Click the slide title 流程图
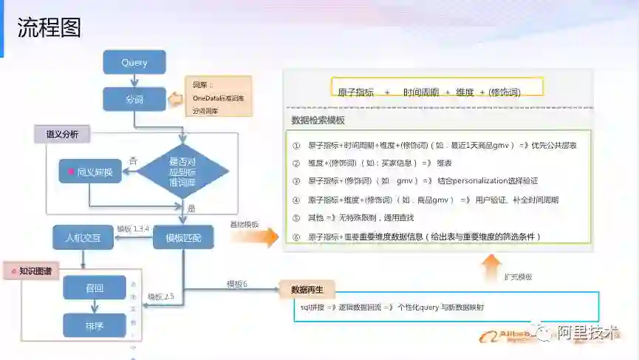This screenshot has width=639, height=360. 49,27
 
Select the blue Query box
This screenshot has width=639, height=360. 134,63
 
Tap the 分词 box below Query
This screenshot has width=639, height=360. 134,99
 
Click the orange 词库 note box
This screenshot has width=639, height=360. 218,97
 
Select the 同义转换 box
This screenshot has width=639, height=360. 89,171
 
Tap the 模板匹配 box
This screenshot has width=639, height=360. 183,237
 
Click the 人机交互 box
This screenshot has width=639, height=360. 81,237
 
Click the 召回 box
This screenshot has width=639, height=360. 95,287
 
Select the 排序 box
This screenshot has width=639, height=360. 95,325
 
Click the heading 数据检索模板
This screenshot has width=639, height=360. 318,120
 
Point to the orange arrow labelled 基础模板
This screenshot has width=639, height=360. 254,236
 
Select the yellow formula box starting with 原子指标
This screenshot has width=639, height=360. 437,86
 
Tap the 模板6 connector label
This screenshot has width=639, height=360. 237,284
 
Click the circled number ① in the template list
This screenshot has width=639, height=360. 296,145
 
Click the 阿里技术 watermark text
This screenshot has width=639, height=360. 587,333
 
